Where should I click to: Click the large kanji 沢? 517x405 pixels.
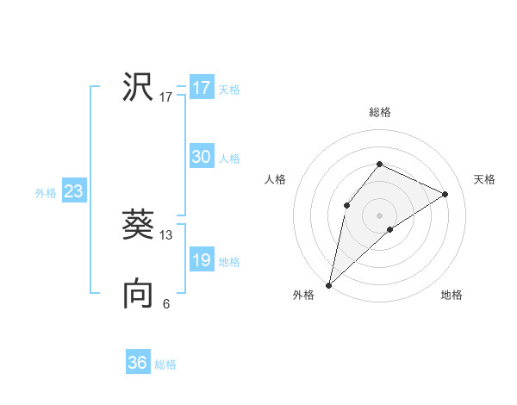(138, 87)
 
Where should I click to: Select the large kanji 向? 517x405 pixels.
(138, 294)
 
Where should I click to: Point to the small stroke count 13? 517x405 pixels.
(166, 234)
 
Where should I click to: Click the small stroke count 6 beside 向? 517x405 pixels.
(166, 303)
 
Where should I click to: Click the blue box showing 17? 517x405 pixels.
(201, 88)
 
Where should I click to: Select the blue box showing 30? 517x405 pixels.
(201, 157)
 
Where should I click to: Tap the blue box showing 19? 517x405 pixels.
(201, 260)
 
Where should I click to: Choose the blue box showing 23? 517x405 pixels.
(73, 191)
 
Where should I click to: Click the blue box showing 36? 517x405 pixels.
(138, 363)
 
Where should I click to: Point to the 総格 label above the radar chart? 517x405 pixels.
(379, 112)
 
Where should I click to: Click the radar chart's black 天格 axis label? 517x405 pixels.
(484, 179)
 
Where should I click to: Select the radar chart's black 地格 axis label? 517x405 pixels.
(452, 295)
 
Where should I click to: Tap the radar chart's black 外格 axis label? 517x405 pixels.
(303, 295)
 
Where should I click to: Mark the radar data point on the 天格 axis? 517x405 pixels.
(445, 194)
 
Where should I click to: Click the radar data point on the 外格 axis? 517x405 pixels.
(329, 284)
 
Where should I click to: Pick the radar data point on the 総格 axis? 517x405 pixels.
(379, 164)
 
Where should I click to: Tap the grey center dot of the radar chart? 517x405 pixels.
(379, 215)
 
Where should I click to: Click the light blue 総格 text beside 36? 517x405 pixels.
(165, 364)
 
